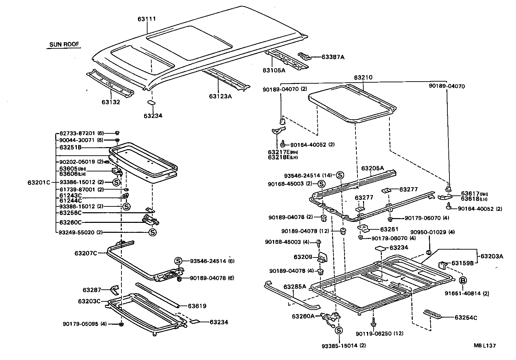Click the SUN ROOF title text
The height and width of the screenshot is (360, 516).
pyautogui.click(x=64, y=44)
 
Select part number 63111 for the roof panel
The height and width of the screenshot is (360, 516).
pyautogui.click(x=147, y=19)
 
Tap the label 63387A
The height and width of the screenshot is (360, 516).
pyautogui.click(x=333, y=57)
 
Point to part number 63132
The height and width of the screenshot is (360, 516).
pyautogui.click(x=111, y=102)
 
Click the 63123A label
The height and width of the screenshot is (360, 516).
pyautogui.click(x=220, y=96)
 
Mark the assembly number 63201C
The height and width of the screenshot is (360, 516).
pyautogui.click(x=39, y=182)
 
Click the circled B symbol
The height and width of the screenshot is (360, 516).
pyautogui.click(x=463, y=280)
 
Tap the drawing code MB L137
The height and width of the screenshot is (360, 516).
pyautogui.click(x=485, y=346)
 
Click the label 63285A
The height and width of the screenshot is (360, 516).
pyautogui.click(x=294, y=287)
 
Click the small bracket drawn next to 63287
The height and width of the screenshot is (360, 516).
pyautogui.click(x=114, y=290)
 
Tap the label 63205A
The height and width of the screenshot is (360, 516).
pyautogui.click(x=372, y=168)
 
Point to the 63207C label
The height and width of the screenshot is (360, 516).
pyautogui.click(x=86, y=253)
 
